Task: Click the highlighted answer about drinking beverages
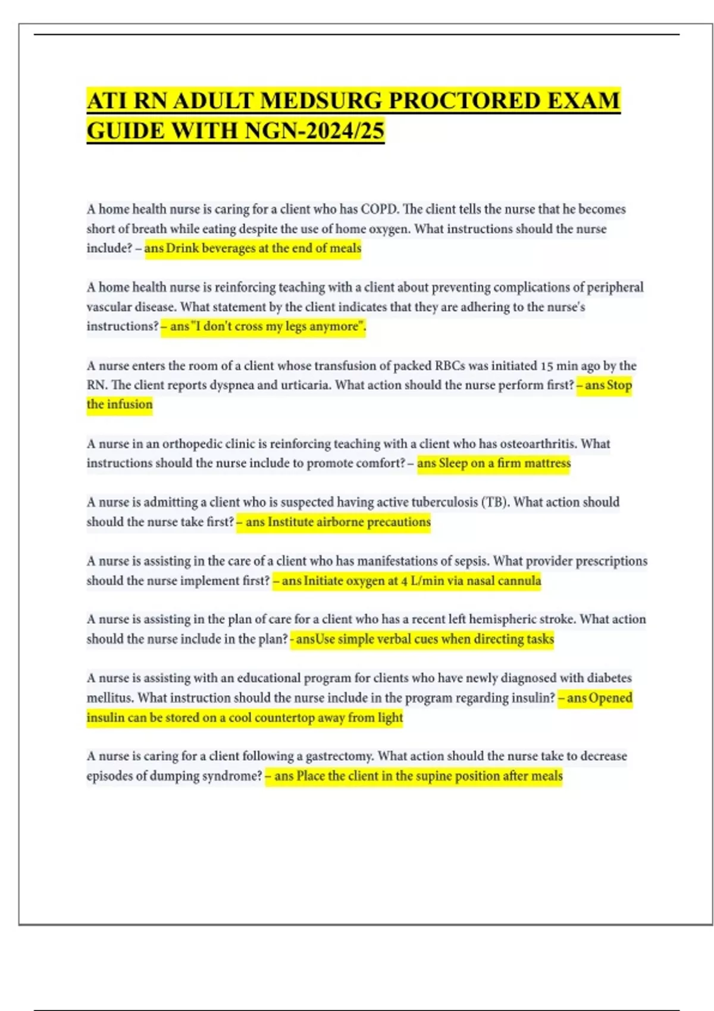click(253, 248)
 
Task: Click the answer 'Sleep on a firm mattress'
click(494, 463)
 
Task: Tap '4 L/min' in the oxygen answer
click(423, 580)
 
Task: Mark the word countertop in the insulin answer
click(284, 717)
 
